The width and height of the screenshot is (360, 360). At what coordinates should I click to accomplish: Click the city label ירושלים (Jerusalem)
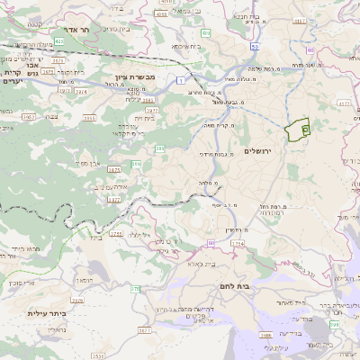pyautogui.click(x=282, y=150)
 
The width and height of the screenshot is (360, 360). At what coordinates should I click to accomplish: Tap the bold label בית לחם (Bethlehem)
pyautogui.click(x=234, y=285)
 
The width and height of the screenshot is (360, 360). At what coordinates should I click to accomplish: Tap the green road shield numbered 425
pyautogui.click(x=58, y=41)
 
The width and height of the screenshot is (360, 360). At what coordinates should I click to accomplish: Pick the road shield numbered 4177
pyautogui.click(x=345, y=104)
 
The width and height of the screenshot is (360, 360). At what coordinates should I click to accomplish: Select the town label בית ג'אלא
pyautogui.click(x=205, y=265)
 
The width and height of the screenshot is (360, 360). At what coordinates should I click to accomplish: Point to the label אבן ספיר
pyautogui.click(x=86, y=163)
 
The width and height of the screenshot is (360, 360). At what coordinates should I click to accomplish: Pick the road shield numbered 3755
pyautogui.click(x=115, y=234)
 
